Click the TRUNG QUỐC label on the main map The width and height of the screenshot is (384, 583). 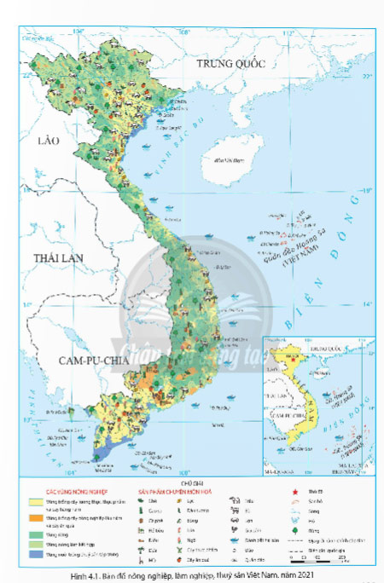[x=231, y=65]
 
